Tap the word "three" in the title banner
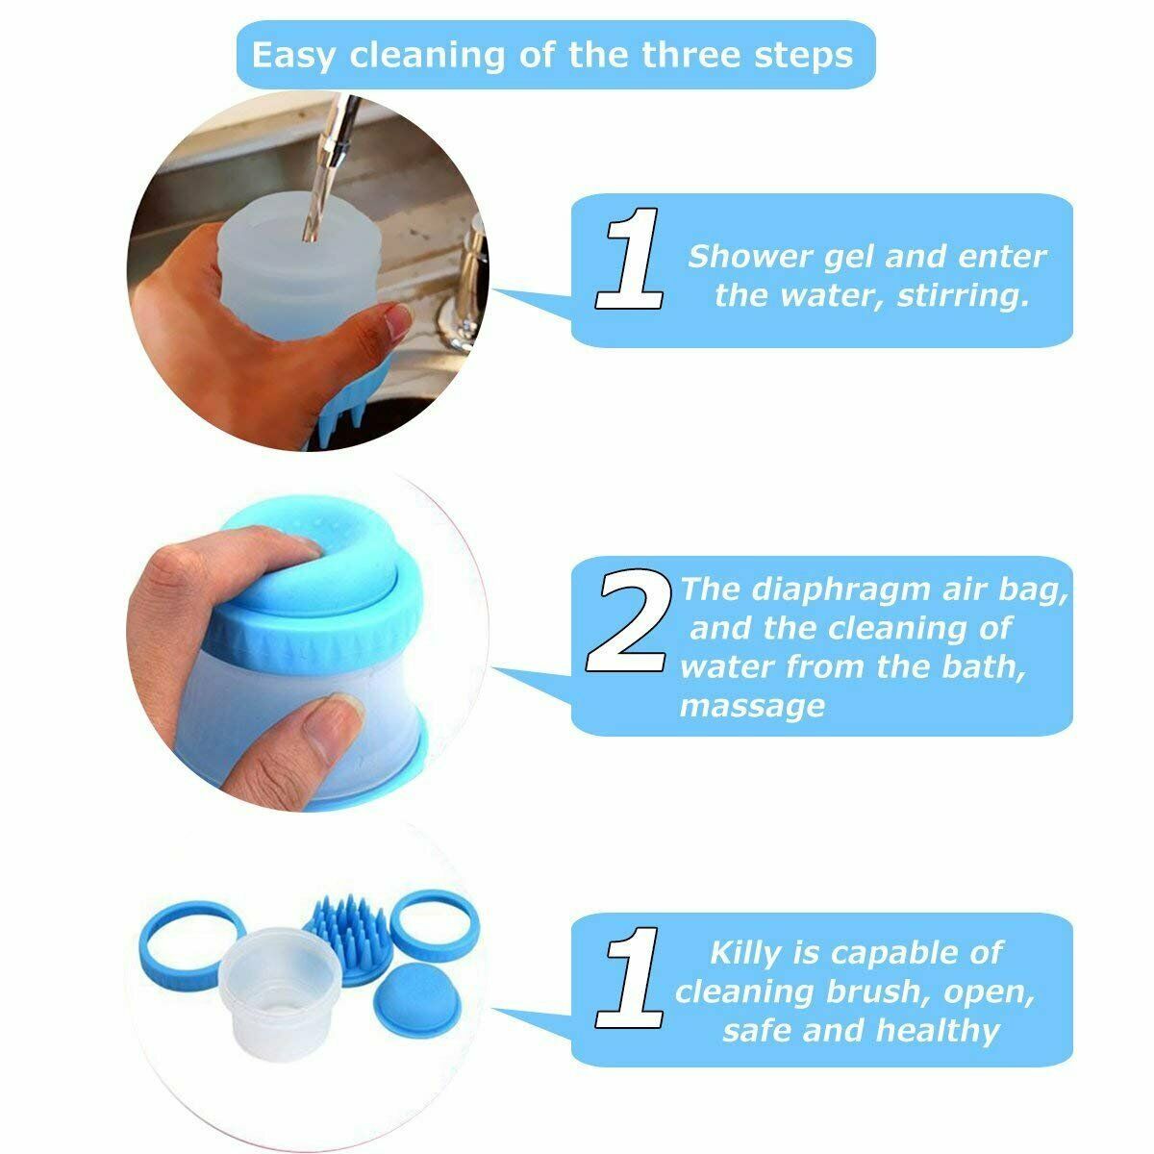tap(690, 55)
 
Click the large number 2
tap(626, 621)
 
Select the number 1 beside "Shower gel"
tap(629, 259)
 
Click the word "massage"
tap(752, 707)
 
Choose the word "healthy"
tap(938, 1030)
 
